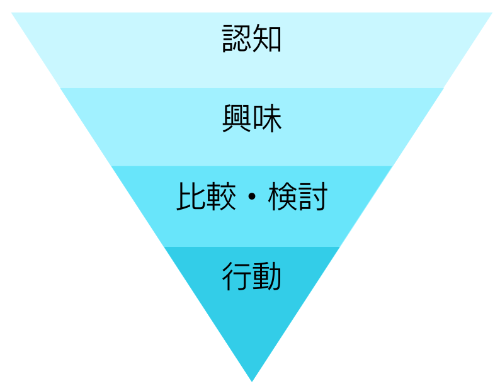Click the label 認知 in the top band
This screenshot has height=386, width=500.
pyautogui.click(x=252, y=38)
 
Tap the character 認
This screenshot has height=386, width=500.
pyautogui.click(x=236, y=38)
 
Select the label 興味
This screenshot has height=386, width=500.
pyautogui.click(x=252, y=118)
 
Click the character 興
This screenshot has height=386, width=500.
pyautogui.click(x=236, y=118)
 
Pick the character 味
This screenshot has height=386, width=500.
pyautogui.click(x=267, y=118)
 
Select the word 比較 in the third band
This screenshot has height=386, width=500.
pyautogui.click(x=206, y=196)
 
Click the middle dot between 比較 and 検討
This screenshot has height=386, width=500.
pyautogui.click(x=252, y=196)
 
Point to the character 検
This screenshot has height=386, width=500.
pyautogui.click(x=282, y=196)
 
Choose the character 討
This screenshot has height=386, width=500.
pyautogui.click(x=313, y=196)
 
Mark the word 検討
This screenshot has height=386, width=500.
pyautogui.click(x=298, y=196)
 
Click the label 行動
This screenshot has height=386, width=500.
pyautogui.click(x=252, y=276)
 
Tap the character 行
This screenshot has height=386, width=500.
pyautogui.click(x=236, y=276)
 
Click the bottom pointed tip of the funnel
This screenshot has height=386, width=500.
pyautogui.click(x=252, y=381)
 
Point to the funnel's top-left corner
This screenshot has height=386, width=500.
pyautogui.click(x=11, y=13)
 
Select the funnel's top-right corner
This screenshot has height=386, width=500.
pyautogui.click(x=492, y=13)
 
